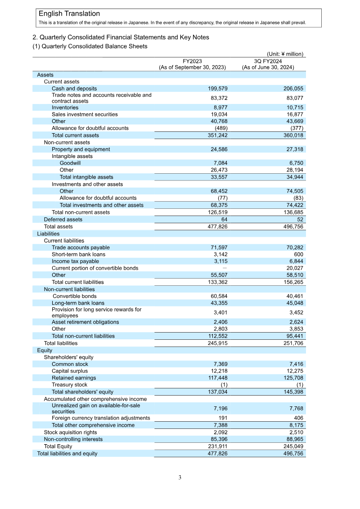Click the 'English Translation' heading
pyautogui.click(x=69, y=14)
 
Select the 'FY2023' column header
pyautogui.click(x=192, y=61)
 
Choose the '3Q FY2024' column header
pyautogui.click(x=268, y=61)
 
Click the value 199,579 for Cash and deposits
pyautogui.click(x=218, y=89)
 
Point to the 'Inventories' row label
pyautogui.click(x=65, y=108)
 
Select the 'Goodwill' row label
pyautogui.click(x=70, y=163)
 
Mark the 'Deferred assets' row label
pyautogui.click(x=63, y=220)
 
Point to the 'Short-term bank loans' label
pyautogui.click(x=78, y=254)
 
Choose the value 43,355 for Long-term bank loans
pyautogui.click(x=218, y=303)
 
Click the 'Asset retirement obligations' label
pyautogui.click(x=85, y=322)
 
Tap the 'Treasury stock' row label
pyautogui.click(x=69, y=385)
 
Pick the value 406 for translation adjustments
pyautogui.click(x=298, y=418)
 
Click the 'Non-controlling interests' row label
pyautogui.click(x=73, y=439)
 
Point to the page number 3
pyautogui.click(x=180, y=477)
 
